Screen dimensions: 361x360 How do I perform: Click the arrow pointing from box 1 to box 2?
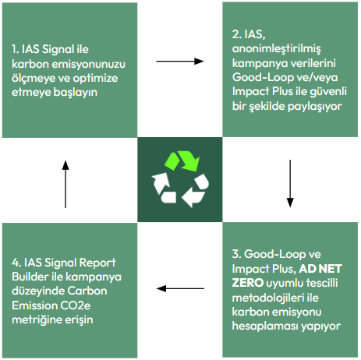tap(180, 62)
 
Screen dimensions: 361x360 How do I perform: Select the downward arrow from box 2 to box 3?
tap(290, 184)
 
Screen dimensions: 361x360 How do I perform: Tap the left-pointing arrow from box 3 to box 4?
tap(180, 288)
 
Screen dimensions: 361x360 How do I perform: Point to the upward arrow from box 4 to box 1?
tap(65, 184)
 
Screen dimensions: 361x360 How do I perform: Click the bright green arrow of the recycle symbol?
tap(182, 161)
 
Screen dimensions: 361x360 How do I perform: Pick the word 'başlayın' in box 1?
tap(76, 93)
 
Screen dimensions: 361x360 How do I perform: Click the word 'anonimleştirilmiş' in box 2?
tap(276, 49)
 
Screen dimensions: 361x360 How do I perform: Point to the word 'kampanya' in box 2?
tap(255, 63)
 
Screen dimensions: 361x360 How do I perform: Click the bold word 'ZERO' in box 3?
tap(248, 283)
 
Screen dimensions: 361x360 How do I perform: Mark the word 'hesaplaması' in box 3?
tap(264, 326)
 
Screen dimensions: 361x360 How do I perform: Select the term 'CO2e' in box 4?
tap(76, 305)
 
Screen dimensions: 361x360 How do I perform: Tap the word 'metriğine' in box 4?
tap(37, 319)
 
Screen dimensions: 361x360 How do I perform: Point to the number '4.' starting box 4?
tap(16, 263)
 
